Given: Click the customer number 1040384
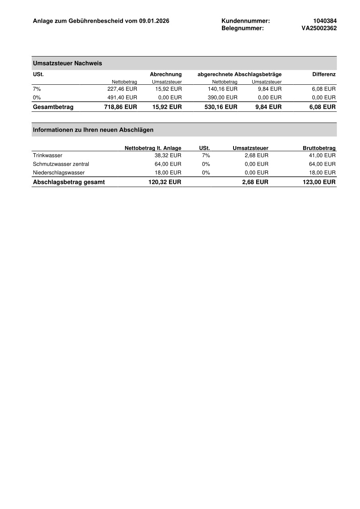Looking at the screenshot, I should pyautogui.click(x=325, y=21).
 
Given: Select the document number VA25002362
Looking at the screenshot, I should pyautogui.click(x=319, y=28).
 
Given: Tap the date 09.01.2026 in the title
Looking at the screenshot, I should pyautogui.click(x=154, y=21).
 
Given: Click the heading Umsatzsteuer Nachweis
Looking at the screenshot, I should pyautogui.click(x=67, y=63).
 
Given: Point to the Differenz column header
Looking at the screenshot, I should pyautogui.click(x=324, y=74).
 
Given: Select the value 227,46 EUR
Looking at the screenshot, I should pyautogui.click(x=122, y=89).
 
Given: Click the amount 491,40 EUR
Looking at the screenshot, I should pyautogui.click(x=122, y=98).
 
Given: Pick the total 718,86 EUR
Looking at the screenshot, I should pyautogui.click(x=121, y=107).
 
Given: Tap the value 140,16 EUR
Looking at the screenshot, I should pyautogui.click(x=222, y=89).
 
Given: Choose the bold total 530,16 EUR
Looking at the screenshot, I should pyautogui.click(x=221, y=107).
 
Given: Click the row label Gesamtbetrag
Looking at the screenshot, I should pyautogui.click(x=53, y=107).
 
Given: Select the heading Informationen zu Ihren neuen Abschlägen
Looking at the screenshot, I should pyautogui.click(x=93, y=130).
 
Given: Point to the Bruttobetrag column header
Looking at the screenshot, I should pyautogui.click(x=319, y=148).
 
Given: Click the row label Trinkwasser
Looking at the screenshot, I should pyautogui.click(x=47, y=156).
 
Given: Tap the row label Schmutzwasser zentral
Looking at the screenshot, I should pyautogui.click(x=61, y=164).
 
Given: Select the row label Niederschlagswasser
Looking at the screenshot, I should pyautogui.click(x=58, y=173).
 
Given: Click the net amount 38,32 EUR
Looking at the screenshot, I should pyautogui.click(x=168, y=156).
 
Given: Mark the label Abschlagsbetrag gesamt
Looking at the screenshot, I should pyautogui.click(x=69, y=182).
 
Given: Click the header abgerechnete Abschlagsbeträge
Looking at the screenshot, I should pyautogui.click(x=239, y=74).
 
